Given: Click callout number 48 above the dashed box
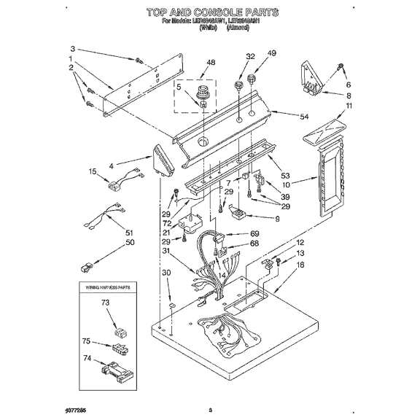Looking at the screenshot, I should click(211, 63).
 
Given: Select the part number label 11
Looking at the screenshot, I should click(349, 106).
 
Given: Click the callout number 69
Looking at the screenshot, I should click(254, 233).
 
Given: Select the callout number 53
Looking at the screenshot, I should click(285, 176).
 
